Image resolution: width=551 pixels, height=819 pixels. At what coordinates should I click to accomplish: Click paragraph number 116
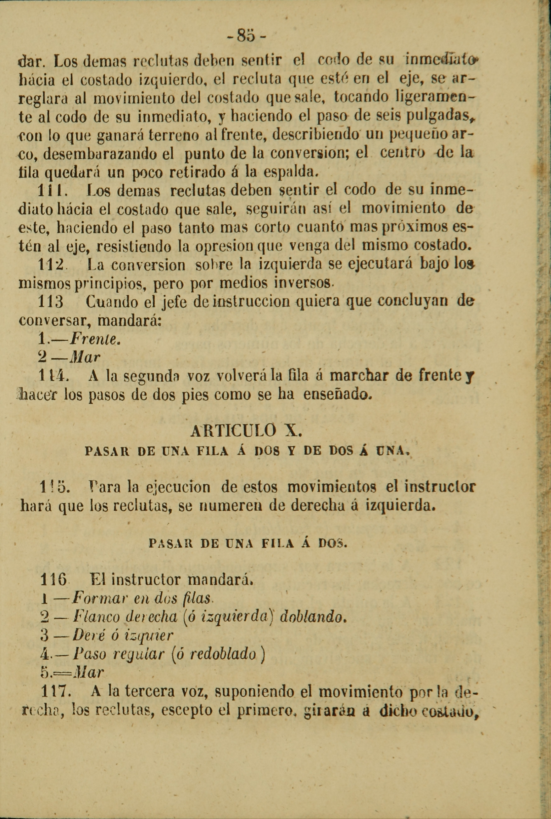53,579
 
